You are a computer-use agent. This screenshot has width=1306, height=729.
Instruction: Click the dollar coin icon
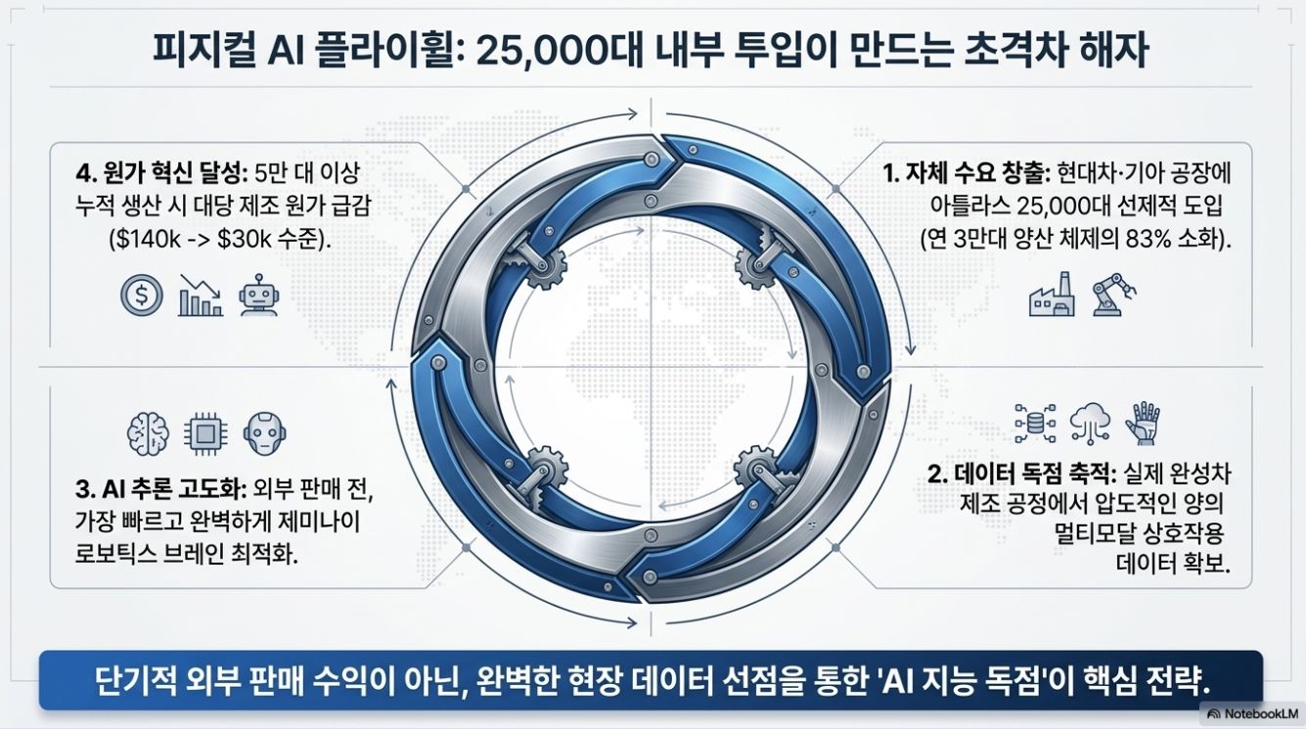pos(141,296)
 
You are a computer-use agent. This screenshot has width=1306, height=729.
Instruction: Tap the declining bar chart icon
pos(201,296)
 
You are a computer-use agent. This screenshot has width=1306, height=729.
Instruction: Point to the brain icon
pos(148,433)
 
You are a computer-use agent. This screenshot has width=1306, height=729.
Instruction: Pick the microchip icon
pos(205,433)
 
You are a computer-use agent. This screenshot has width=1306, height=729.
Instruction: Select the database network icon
pos(1035,424)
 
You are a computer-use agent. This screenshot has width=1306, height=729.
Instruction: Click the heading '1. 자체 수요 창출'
pos(967,173)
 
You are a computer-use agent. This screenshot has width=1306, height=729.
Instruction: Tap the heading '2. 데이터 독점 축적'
pos(1021,475)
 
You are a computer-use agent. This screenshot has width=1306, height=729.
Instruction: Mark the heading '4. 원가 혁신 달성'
pos(162,173)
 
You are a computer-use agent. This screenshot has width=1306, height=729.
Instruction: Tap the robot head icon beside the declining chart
pos(259,296)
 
